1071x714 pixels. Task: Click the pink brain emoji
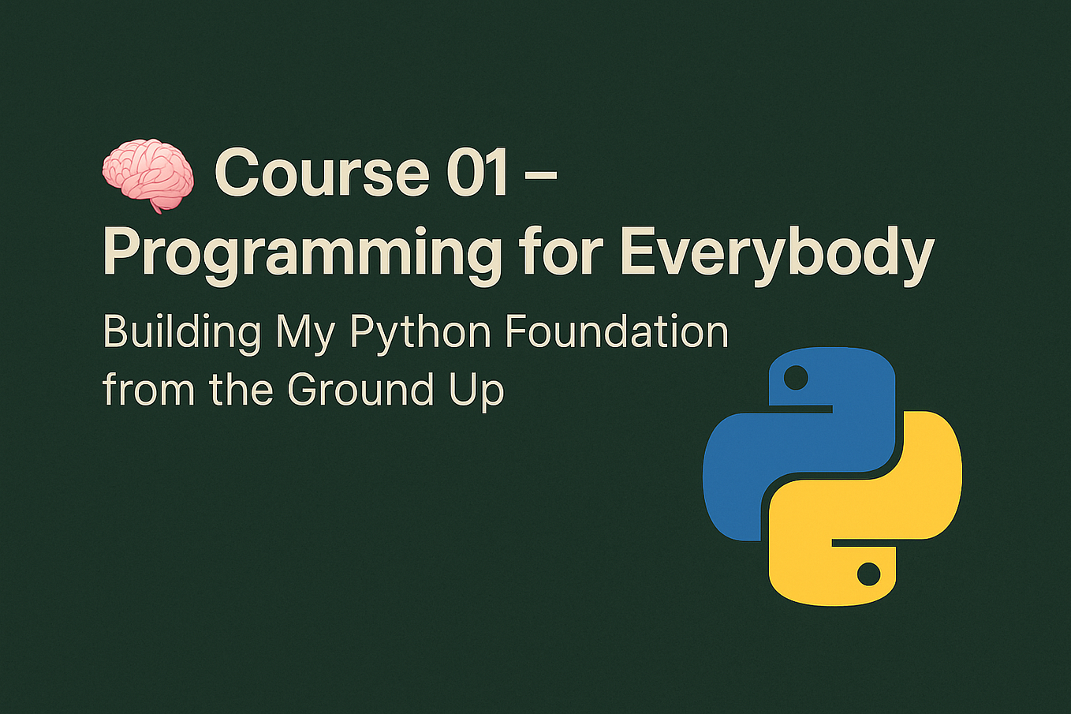tap(148, 174)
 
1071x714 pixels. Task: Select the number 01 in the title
tap(477, 174)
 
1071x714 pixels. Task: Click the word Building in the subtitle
tap(181, 332)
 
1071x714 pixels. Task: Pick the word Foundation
tap(616, 331)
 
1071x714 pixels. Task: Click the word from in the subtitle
tap(147, 389)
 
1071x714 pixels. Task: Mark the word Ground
tap(360, 389)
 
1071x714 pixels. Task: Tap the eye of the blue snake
tap(797, 377)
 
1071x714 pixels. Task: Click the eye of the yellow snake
tap(868, 574)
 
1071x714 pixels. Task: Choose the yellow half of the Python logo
tap(899, 505)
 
